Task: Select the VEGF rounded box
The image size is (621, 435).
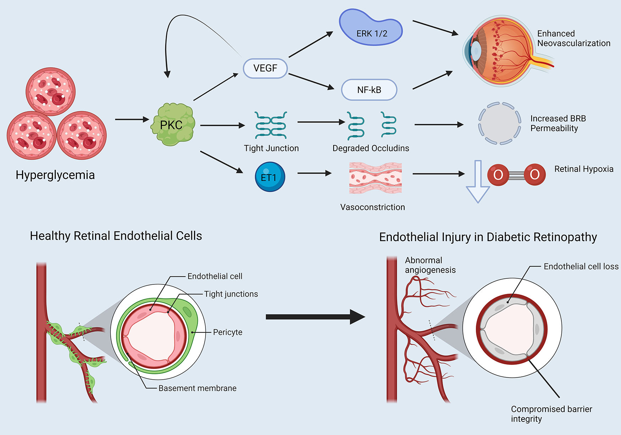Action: tap(265, 68)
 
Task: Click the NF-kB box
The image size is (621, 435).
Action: tap(369, 90)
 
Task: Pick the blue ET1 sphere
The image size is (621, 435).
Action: tap(270, 177)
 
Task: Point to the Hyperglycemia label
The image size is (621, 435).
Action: tap(55, 175)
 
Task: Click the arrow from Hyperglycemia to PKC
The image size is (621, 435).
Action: tap(131, 119)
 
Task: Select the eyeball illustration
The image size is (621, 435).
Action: tap(504, 51)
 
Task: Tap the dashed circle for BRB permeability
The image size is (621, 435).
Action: tap(500, 124)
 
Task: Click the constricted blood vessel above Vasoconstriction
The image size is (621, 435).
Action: tap(375, 178)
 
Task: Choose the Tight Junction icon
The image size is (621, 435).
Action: tap(271, 125)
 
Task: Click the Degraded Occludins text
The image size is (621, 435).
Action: tap(370, 148)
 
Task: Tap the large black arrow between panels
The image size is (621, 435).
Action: tap(315, 317)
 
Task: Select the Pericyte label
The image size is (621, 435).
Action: tap(227, 332)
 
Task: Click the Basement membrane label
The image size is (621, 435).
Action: tap(197, 388)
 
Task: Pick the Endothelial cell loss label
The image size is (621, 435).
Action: tap(581, 267)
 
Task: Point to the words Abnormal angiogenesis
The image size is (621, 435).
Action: tap(430, 265)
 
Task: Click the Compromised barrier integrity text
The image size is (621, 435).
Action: tap(551, 414)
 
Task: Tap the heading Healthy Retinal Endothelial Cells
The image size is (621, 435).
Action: tap(116, 236)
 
